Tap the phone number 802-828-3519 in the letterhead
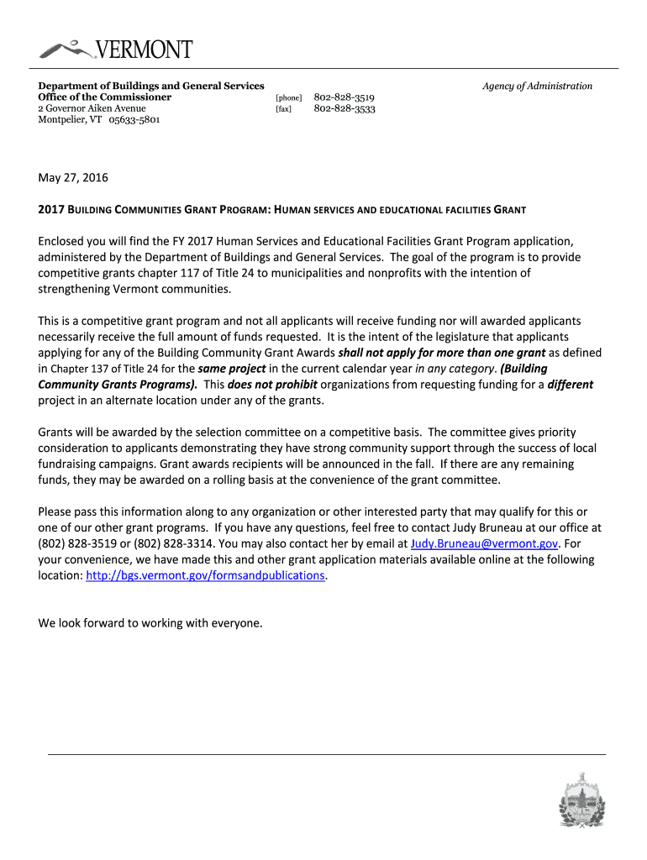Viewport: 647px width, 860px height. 345,97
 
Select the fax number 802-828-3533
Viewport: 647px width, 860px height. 345,109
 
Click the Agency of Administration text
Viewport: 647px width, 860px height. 537,86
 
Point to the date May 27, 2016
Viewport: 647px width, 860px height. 73,178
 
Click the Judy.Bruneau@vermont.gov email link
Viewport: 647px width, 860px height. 478,543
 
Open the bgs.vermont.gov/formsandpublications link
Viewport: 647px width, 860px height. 205,575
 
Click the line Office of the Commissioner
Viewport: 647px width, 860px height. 105,97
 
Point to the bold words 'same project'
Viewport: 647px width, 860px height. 232,369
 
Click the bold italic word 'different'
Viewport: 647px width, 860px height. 571,385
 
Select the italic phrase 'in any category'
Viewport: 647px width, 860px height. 454,369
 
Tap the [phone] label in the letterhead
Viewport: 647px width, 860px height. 288,98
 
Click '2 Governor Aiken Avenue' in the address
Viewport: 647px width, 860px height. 92,108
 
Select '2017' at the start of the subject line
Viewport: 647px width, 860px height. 52,209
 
